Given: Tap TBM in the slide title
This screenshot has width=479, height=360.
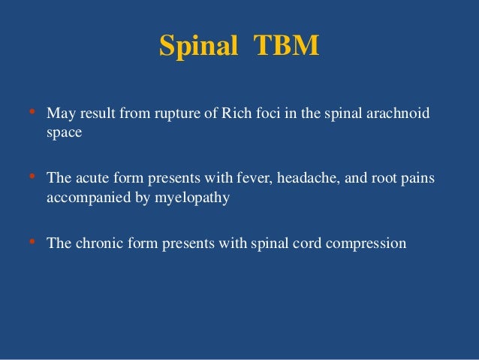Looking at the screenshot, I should coord(287,46).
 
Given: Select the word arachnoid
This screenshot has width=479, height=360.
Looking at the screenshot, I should coord(406,115).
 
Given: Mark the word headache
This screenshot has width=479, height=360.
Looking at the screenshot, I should coord(285,180).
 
